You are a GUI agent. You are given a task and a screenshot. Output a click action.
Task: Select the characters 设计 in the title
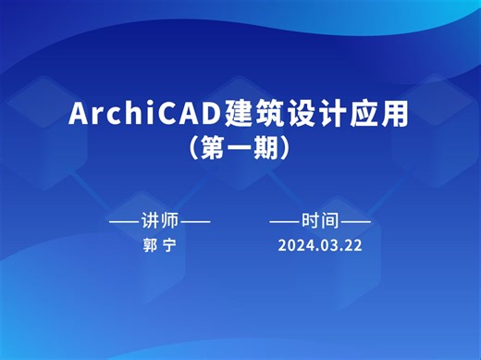[x=315, y=115]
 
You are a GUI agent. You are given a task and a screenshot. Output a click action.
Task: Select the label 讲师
[x=158, y=221]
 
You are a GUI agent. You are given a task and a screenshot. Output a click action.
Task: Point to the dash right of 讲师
[x=194, y=221]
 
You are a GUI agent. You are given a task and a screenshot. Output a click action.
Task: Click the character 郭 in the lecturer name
[x=148, y=246]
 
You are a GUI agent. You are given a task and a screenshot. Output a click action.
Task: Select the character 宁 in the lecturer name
[x=169, y=246]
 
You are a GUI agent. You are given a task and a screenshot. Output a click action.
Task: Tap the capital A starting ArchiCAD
[x=80, y=115]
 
